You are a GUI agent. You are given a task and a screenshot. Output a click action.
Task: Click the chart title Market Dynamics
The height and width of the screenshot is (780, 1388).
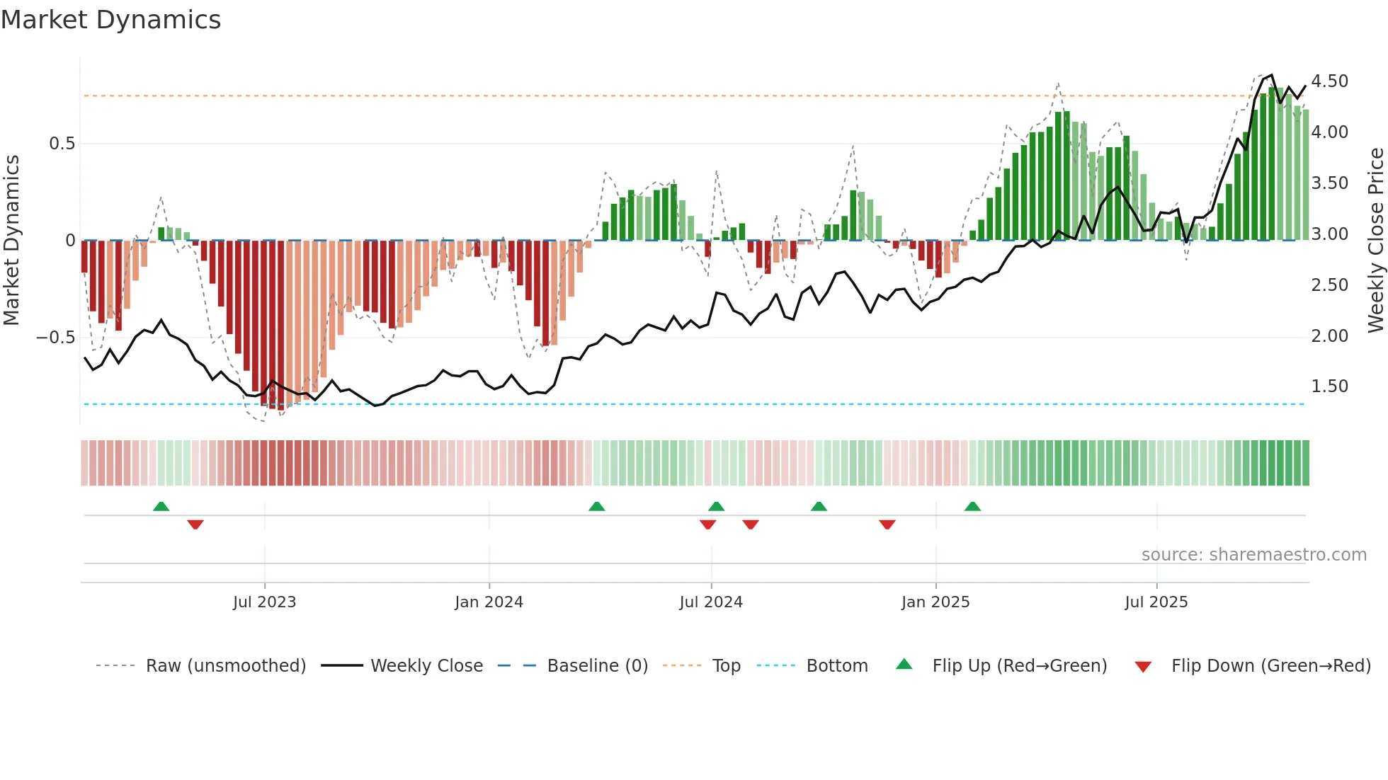point(111,20)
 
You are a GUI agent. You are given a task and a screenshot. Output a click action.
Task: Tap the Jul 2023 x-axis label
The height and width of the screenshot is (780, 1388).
point(264,602)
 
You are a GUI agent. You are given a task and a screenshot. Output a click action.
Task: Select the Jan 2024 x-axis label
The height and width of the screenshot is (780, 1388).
point(489,602)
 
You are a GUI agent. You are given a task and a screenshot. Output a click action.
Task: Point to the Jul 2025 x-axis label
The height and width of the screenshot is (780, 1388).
point(1156,602)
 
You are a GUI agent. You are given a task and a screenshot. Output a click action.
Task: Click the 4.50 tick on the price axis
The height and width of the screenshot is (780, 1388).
point(1329,81)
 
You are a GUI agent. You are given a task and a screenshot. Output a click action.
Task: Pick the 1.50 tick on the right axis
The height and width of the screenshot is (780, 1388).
point(1329,386)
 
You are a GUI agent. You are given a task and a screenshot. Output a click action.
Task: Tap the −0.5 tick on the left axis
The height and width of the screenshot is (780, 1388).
point(55,338)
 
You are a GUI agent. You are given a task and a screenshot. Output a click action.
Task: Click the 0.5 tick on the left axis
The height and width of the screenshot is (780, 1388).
point(62,144)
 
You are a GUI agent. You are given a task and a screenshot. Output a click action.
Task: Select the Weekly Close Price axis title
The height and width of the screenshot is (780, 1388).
point(1375,240)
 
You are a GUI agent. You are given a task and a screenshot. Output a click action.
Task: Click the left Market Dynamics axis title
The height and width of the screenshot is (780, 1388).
point(11,240)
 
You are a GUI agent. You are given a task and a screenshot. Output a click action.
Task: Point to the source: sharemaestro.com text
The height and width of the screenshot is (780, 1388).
point(1253,555)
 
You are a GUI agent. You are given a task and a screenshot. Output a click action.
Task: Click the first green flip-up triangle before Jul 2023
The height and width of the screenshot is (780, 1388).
point(161,506)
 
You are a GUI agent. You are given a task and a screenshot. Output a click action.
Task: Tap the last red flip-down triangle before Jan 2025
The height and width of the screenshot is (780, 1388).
point(887,524)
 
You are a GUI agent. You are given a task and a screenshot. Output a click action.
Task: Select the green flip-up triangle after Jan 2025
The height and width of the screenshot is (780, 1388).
point(972,506)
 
